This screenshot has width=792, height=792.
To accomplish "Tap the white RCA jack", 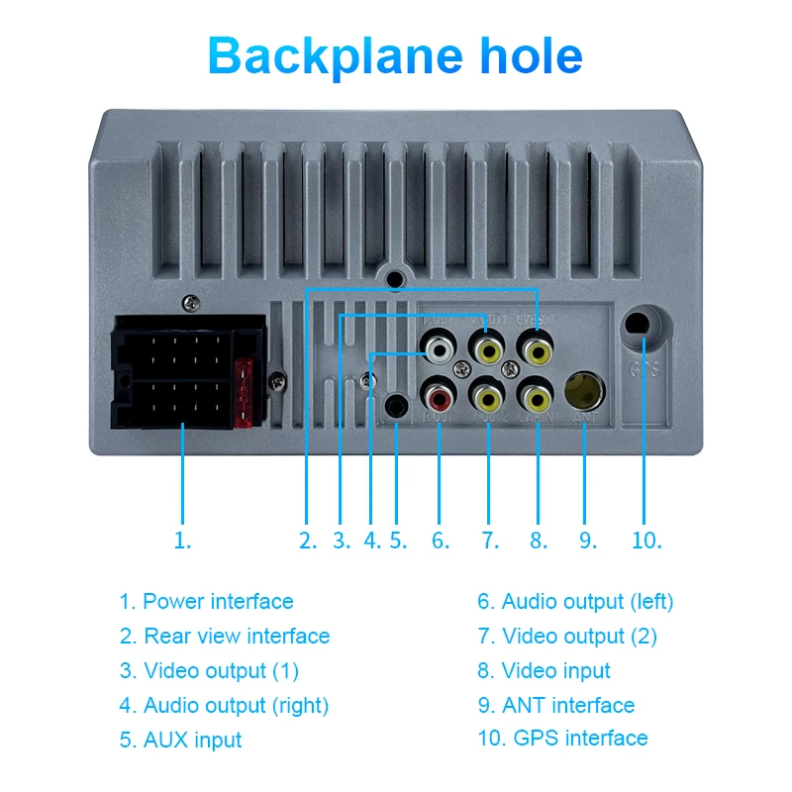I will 439,348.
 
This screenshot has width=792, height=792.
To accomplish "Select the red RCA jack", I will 439,398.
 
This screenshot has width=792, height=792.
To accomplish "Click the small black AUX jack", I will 396,406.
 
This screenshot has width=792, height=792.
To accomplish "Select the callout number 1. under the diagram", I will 182,541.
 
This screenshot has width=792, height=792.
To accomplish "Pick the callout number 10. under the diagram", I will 646,541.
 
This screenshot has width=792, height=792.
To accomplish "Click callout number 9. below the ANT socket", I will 588,541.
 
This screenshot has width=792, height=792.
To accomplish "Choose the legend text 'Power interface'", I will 218,601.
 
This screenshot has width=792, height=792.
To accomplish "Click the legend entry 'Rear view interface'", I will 237,636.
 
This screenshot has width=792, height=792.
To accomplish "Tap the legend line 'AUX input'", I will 192,740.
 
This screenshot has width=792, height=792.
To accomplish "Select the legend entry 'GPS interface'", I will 574,738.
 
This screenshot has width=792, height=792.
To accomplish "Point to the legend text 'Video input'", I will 555,670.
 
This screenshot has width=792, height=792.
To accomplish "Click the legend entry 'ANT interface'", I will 568,705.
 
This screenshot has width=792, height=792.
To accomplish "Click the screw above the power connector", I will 190,303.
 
